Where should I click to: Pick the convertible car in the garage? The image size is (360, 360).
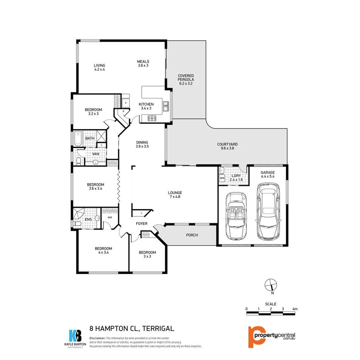tap(235, 215)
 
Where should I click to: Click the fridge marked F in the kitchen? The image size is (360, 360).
tap(126, 103)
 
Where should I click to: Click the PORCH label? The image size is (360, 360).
tap(192, 235)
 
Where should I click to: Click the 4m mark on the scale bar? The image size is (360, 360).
tap(295, 309)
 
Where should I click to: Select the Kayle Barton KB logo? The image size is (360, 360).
tap(74, 335)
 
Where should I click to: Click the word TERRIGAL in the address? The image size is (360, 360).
tap(158, 329)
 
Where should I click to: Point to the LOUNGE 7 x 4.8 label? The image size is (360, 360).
tap(175, 195)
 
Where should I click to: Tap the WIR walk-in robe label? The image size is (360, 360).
tap(110, 217)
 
